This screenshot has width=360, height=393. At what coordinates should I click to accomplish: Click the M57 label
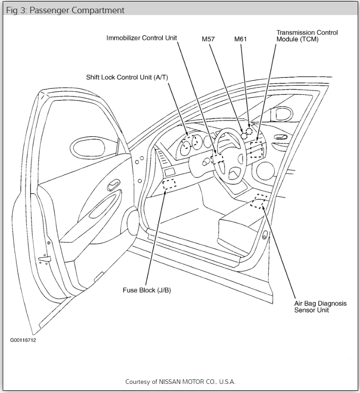pyautogui.click(x=209, y=39)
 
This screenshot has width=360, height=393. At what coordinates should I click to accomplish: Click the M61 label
pyautogui.click(x=240, y=39)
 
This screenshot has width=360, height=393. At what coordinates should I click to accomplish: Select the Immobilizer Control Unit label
pyautogui.click(x=141, y=37)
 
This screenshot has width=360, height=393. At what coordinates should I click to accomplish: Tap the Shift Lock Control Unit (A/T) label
pyautogui.click(x=127, y=77)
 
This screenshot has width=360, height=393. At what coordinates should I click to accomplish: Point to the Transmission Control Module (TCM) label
pyautogui.click(x=307, y=36)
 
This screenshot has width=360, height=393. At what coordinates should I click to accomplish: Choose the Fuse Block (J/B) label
pyautogui.click(x=146, y=290)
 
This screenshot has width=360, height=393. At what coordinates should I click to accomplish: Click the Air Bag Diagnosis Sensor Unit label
pyautogui.click(x=320, y=306)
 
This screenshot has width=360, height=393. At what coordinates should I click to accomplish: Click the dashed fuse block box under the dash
pyautogui.click(x=169, y=185)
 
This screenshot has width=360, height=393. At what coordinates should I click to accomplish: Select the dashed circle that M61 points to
pyautogui.click(x=249, y=131)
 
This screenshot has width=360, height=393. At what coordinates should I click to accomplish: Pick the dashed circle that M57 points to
pyautogui.click(x=244, y=135)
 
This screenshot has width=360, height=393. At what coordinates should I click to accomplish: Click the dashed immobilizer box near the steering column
pyautogui.click(x=218, y=158)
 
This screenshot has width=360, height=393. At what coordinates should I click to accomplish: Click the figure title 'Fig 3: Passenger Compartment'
pyautogui.click(x=65, y=10)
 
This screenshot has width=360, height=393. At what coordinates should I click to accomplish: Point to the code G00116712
pyautogui.click(x=23, y=340)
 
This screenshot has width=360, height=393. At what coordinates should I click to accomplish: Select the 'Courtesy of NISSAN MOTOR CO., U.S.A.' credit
pyautogui.click(x=180, y=382)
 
